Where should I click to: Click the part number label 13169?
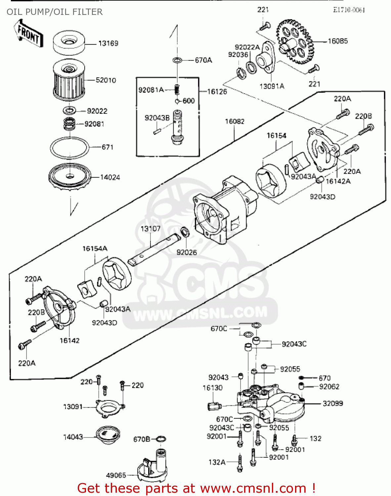[108, 43]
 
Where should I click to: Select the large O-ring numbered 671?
[69, 147]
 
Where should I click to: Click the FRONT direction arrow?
[29, 33]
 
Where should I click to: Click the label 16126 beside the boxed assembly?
[217, 92]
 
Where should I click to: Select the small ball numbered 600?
[178, 101]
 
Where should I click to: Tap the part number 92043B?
[157, 118]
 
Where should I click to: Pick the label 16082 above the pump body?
[235, 121]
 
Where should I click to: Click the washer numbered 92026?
[185, 232]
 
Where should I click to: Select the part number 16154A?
[95, 248]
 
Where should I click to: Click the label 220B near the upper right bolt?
[363, 116]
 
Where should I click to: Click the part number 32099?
[332, 403]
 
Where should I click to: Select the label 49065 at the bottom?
[116, 475]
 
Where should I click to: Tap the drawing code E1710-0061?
[349, 10]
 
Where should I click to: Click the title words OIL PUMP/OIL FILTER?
[55, 12]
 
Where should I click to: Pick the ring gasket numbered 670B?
[160, 439]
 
